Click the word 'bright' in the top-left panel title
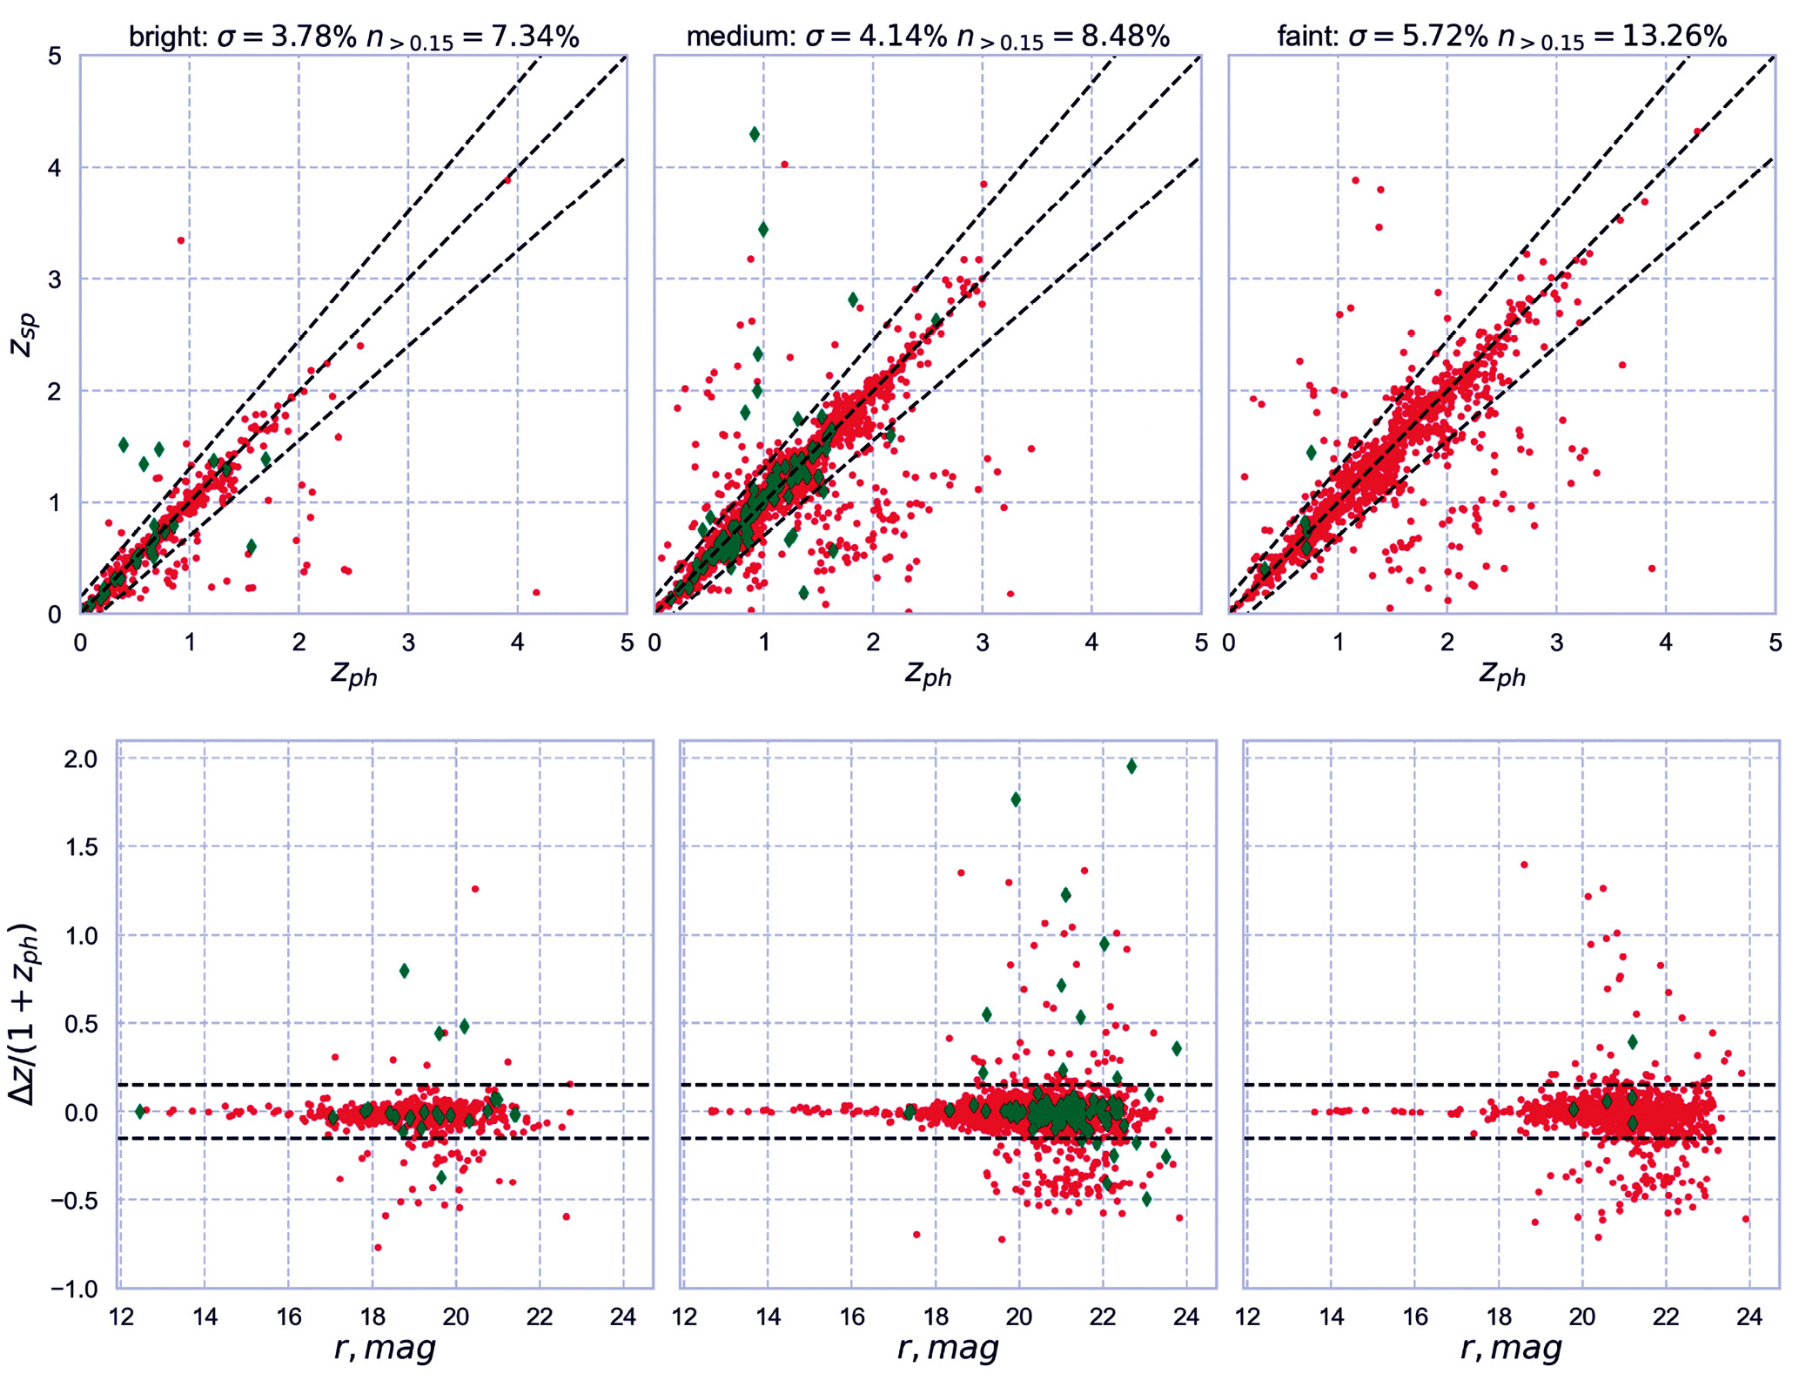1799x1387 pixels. pyautogui.click(x=166, y=37)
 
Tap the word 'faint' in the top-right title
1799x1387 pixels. pyautogui.click(x=1306, y=37)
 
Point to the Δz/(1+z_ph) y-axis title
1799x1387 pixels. pyautogui.click(x=24, y=1014)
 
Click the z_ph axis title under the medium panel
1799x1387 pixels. pyautogui.click(x=928, y=673)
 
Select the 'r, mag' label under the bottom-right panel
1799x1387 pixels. pyautogui.click(x=1511, y=1348)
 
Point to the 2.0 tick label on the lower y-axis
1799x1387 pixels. pyautogui.click(x=81, y=759)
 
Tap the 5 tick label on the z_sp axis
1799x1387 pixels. pyautogui.click(x=56, y=57)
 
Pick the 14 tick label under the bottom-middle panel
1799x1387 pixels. pyautogui.click(x=768, y=1316)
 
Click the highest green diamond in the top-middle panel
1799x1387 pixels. pyautogui.click(x=755, y=134)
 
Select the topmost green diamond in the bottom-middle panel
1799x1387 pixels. pyautogui.click(x=1131, y=766)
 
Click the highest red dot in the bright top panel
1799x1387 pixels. pyautogui.click(x=509, y=180)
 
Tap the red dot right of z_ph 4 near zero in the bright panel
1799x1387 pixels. pyautogui.click(x=536, y=592)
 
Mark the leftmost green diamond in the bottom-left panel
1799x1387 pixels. pyautogui.click(x=140, y=1112)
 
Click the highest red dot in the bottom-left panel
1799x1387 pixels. pyautogui.click(x=475, y=889)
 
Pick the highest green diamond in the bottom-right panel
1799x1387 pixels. pyautogui.click(x=1633, y=1042)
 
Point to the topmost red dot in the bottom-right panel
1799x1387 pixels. pyautogui.click(x=1524, y=865)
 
